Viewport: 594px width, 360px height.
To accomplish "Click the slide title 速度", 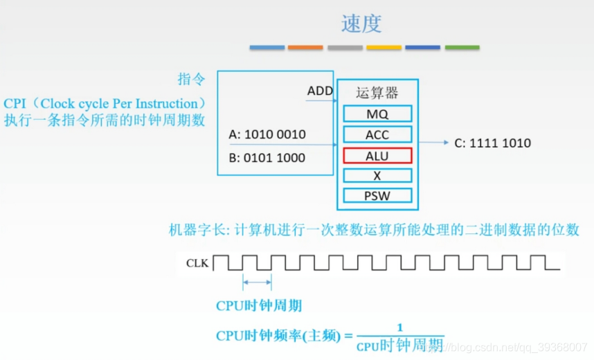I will (x=361, y=24).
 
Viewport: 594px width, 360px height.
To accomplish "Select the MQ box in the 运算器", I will (x=377, y=114).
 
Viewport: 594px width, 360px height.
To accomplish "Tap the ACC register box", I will (x=377, y=134).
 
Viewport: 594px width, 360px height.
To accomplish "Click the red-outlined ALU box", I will (x=377, y=155).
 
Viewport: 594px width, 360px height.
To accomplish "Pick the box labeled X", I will (x=377, y=176).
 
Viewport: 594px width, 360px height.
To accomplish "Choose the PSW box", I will (x=377, y=196).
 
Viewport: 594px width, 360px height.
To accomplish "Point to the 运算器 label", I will (x=377, y=93).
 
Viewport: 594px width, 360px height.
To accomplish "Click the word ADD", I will (x=320, y=91).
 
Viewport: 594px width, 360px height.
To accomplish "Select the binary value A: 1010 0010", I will (x=267, y=134).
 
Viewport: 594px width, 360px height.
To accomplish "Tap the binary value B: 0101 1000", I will (x=267, y=157).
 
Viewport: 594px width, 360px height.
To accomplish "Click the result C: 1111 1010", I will (x=492, y=143).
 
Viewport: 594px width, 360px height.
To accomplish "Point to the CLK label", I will (x=197, y=263).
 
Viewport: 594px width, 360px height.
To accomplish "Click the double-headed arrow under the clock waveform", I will (x=257, y=282).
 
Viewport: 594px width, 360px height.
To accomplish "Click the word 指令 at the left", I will (x=191, y=79).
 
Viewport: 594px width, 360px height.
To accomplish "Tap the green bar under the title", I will (x=462, y=48).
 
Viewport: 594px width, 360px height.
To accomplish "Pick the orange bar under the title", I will (x=305, y=48).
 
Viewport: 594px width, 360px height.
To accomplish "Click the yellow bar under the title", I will (x=384, y=48).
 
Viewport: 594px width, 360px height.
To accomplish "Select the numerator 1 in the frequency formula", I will (x=399, y=327).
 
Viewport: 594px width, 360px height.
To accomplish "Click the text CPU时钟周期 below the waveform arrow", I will (x=259, y=305).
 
